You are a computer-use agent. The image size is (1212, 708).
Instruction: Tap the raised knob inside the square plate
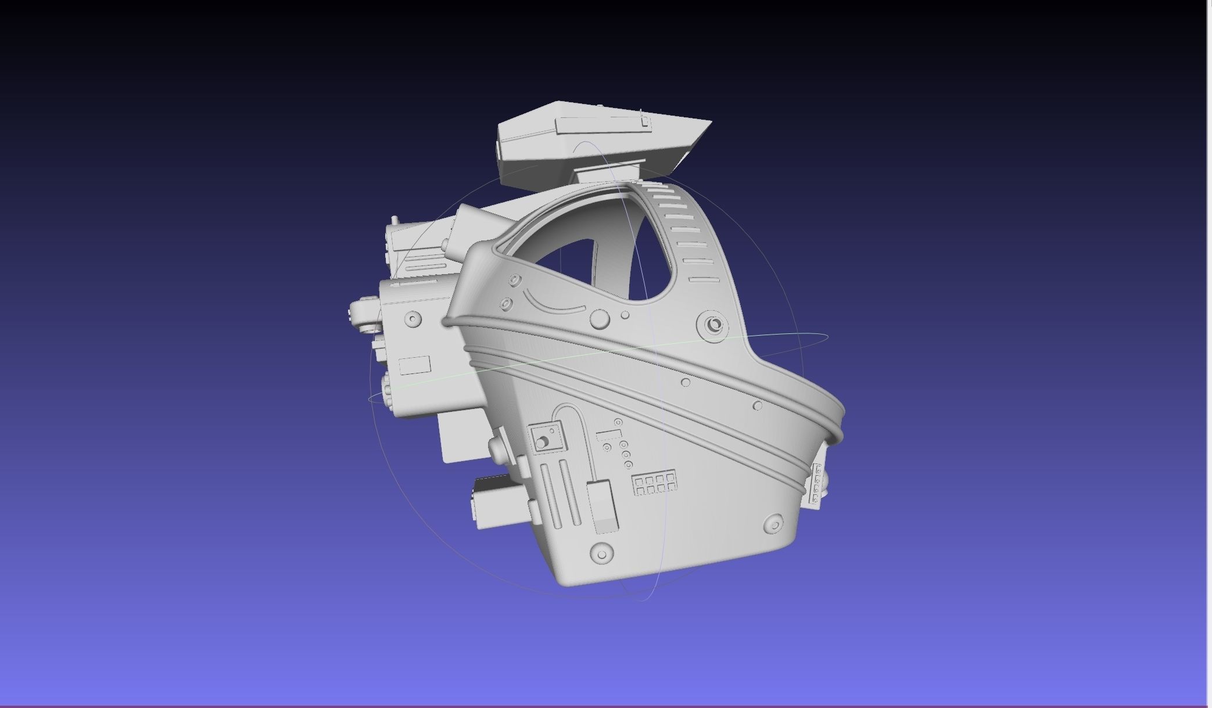point(542,443)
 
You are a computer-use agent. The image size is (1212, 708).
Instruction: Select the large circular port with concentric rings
point(714,325)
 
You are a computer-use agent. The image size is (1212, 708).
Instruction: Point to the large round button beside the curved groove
point(599,319)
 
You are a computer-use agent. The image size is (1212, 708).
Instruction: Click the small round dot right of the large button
point(625,315)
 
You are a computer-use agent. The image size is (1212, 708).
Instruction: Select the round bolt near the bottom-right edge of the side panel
point(774,524)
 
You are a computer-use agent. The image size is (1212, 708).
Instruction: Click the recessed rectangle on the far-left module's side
point(415,365)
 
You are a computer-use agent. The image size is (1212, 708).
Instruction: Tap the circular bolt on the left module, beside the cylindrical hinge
point(413,318)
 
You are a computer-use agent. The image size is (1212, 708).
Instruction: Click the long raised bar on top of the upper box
point(602,124)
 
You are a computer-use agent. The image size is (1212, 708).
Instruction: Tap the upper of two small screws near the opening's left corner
point(515,281)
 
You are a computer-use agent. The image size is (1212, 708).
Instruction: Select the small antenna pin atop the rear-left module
point(395,220)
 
